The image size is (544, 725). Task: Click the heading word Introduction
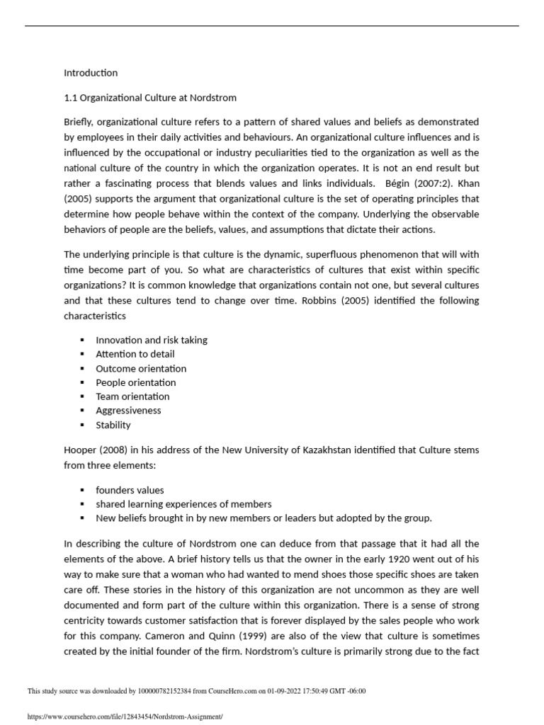pyautogui.click(x=91, y=73)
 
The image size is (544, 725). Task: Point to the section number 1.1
pyautogui.click(x=71, y=97)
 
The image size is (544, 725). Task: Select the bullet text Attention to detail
pyautogui.click(x=135, y=354)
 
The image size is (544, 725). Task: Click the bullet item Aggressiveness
pyautogui.click(x=128, y=411)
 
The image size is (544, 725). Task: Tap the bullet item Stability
pyautogui.click(x=113, y=426)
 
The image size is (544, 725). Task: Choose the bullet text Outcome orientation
pyautogui.click(x=141, y=368)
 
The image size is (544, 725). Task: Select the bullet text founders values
pyautogui.click(x=130, y=490)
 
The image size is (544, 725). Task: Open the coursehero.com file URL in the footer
pyautogui.click(x=125, y=717)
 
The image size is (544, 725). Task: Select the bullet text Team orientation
pyautogui.click(x=132, y=396)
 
